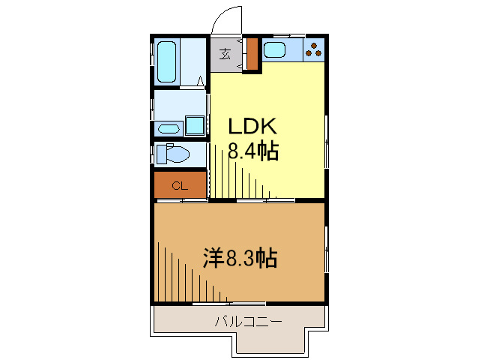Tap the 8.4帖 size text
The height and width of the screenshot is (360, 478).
253,152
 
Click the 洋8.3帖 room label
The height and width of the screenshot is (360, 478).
240,259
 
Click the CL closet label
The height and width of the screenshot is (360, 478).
180,186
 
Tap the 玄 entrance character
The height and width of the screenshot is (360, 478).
225,54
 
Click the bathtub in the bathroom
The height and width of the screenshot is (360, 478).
167,62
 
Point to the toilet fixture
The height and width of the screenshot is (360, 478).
172,154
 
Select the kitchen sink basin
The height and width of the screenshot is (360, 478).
274,51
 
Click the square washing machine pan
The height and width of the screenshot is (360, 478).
196,126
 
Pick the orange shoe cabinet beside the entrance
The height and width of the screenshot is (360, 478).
252,54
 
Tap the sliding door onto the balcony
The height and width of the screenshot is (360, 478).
240,303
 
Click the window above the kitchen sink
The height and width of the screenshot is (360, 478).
285,35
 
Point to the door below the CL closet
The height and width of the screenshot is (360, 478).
181,201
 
